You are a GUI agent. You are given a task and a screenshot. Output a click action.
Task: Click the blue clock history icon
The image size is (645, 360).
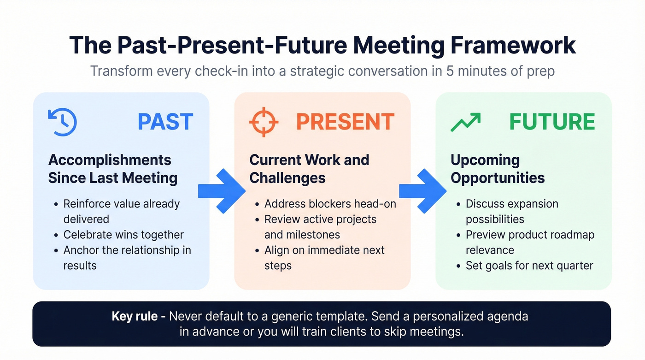[x=62, y=122]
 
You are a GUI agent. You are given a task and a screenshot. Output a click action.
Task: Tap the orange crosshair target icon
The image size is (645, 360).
[x=264, y=122]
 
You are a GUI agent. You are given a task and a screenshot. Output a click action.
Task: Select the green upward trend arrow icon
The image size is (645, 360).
[x=465, y=122]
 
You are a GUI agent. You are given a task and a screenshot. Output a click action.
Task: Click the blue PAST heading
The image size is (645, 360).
[x=165, y=122]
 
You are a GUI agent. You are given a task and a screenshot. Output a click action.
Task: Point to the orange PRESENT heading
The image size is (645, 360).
[x=345, y=122]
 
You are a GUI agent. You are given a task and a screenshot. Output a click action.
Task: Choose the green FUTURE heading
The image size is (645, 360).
[x=552, y=122]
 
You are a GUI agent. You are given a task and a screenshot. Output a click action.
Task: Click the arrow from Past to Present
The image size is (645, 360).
[x=222, y=191]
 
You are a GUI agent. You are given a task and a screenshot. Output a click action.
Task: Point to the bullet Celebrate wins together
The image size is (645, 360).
[x=123, y=235]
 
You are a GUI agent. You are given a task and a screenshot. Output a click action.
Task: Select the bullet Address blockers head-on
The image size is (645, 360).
[x=330, y=204]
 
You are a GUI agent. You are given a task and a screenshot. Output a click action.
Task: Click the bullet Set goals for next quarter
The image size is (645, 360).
[x=529, y=266]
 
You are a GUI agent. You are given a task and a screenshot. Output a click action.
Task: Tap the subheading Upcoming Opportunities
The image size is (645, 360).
[x=498, y=169]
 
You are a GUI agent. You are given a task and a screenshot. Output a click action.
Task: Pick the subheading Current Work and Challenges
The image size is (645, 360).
[x=309, y=169]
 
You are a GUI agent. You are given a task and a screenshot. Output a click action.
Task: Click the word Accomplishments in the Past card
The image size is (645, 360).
[x=110, y=160]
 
